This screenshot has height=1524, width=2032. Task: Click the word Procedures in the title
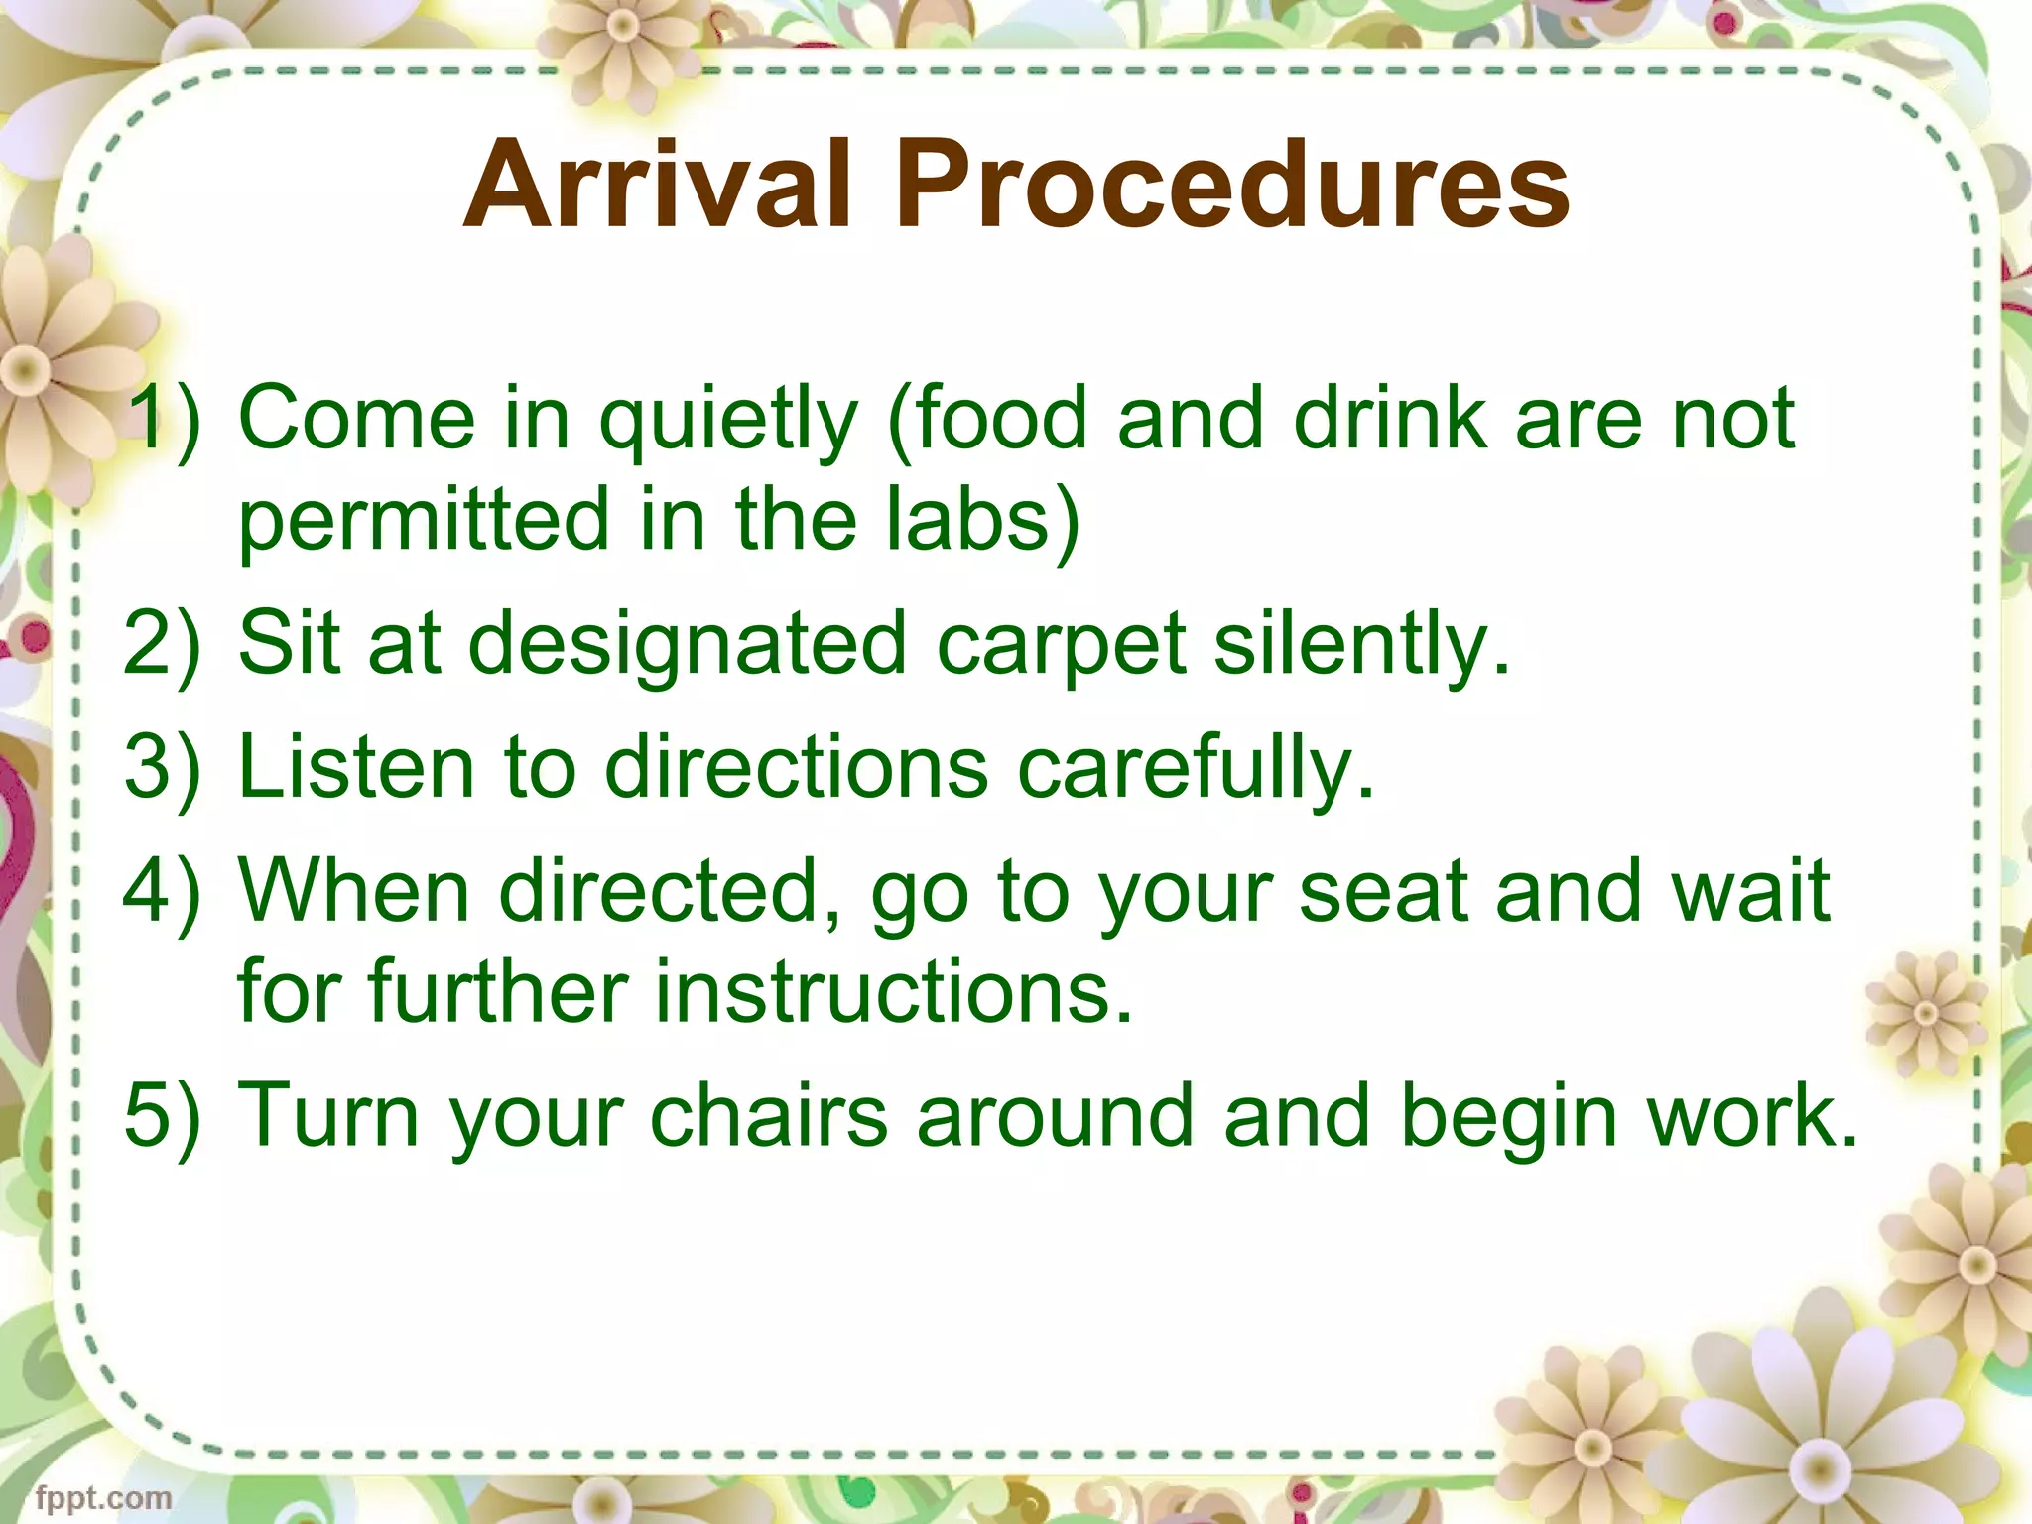click(x=1233, y=185)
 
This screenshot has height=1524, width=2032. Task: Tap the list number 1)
click(x=165, y=418)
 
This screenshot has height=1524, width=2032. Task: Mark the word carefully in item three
click(x=1197, y=770)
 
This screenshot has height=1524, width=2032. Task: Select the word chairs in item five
click(x=769, y=1115)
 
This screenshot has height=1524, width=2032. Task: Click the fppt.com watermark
click(x=103, y=1497)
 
